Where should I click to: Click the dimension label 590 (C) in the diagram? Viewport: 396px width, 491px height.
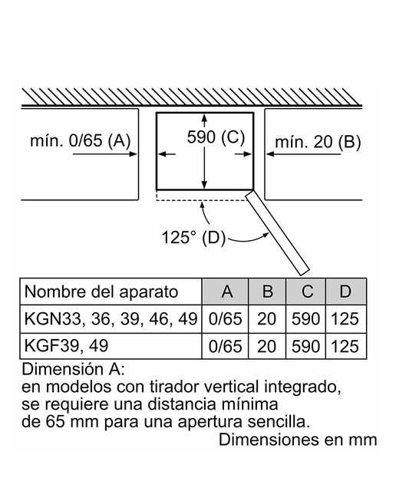(x=216, y=137)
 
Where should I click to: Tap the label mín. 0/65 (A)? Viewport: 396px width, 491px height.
(x=81, y=140)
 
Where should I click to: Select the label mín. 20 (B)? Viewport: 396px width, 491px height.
(x=318, y=142)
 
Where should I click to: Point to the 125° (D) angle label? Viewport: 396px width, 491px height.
(x=193, y=237)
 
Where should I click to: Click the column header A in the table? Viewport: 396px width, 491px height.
(x=227, y=292)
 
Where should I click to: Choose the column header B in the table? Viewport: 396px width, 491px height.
(x=267, y=292)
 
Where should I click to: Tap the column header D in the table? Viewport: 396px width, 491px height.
(x=345, y=292)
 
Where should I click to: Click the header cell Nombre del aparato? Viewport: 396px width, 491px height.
(x=101, y=292)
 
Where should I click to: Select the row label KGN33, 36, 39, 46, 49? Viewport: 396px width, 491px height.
(x=111, y=319)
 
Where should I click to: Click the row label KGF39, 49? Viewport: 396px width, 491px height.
(x=67, y=346)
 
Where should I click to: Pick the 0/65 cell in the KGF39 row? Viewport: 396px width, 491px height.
(x=226, y=347)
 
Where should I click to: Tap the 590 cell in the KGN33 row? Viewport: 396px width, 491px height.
(x=305, y=319)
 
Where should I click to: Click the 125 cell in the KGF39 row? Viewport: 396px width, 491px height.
(x=345, y=347)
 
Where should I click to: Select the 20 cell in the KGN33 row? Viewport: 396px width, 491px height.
(x=266, y=319)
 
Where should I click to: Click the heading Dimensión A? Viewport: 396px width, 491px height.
(x=74, y=370)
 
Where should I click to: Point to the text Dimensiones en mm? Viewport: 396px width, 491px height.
(x=298, y=440)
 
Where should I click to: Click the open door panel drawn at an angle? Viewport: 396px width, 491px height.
(x=277, y=233)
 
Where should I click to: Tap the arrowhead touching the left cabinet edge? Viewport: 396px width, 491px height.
(x=134, y=153)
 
